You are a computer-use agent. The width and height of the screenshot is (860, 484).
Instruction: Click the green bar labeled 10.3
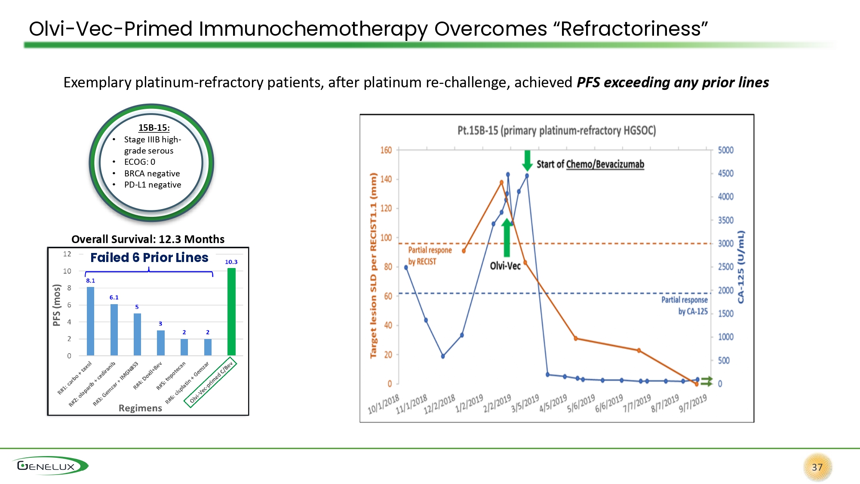click(231, 311)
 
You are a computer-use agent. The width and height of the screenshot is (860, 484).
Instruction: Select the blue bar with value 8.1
click(90, 321)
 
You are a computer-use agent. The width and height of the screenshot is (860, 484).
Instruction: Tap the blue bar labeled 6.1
click(114, 330)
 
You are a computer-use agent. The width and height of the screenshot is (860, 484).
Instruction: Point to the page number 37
click(817, 467)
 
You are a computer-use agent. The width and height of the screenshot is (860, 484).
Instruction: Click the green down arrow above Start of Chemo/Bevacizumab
click(527, 160)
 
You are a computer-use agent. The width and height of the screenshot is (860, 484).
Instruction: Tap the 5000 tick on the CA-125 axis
click(725, 150)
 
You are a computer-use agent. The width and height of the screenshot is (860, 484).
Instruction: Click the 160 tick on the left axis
click(386, 150)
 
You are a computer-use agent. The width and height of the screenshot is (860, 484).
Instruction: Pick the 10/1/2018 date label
click(384, 404)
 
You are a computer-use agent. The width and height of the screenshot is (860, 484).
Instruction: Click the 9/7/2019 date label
click(693, 403)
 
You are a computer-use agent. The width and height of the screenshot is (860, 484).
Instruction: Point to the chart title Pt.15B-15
click(556, 130)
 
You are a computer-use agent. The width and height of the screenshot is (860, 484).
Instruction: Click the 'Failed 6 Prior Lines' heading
click(149, 258)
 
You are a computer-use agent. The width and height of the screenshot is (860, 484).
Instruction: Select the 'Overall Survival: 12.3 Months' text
click(148, 239)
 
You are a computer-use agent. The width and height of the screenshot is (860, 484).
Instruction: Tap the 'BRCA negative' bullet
click(152, 173)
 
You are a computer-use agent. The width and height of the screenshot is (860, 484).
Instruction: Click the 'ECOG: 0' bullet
click(139, 162)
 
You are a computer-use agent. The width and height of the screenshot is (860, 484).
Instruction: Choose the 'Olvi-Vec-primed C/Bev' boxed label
click(211, 382)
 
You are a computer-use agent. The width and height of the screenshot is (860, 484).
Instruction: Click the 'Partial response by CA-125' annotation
click(684, 305)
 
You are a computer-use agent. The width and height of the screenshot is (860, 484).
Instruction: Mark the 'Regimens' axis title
click(140, 408)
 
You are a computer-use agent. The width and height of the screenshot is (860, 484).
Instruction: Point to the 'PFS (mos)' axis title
click(56, 305)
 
